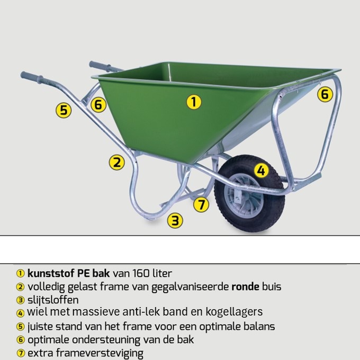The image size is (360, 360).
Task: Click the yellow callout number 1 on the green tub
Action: pyautogui.click(x=194, y=102)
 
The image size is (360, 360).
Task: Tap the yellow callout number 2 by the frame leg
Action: pyautogui.click(x=116, y=162)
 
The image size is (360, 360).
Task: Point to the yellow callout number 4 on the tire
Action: pyautogui.click(x=260, y=170)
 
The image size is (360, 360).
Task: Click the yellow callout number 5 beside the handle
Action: pyautogui.click(x=64, y=110)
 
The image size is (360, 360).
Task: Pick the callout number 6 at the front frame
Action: pyautogui.click(x=325, y=94)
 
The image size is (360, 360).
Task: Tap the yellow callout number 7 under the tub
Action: pyautogui.click(x=201, y=204)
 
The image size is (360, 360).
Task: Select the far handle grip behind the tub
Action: pyautogui.click(x=99, y=66)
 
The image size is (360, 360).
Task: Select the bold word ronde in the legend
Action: pyautogui.click(x=247, y=287)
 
